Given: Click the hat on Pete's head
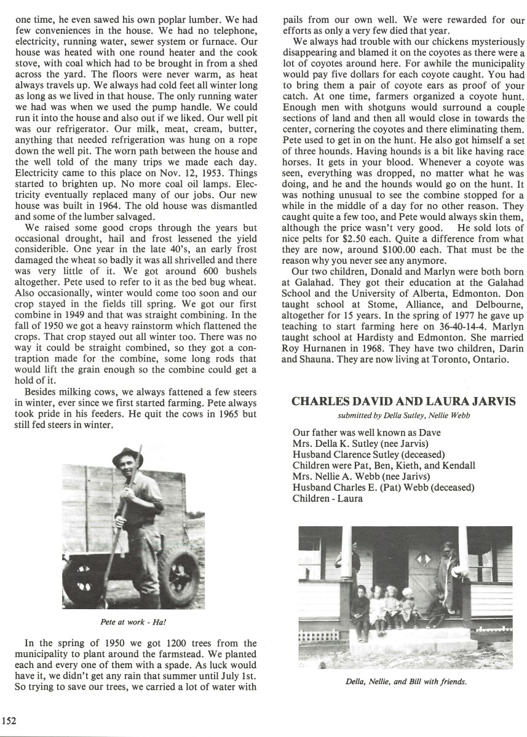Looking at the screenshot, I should [x=127, y=456].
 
